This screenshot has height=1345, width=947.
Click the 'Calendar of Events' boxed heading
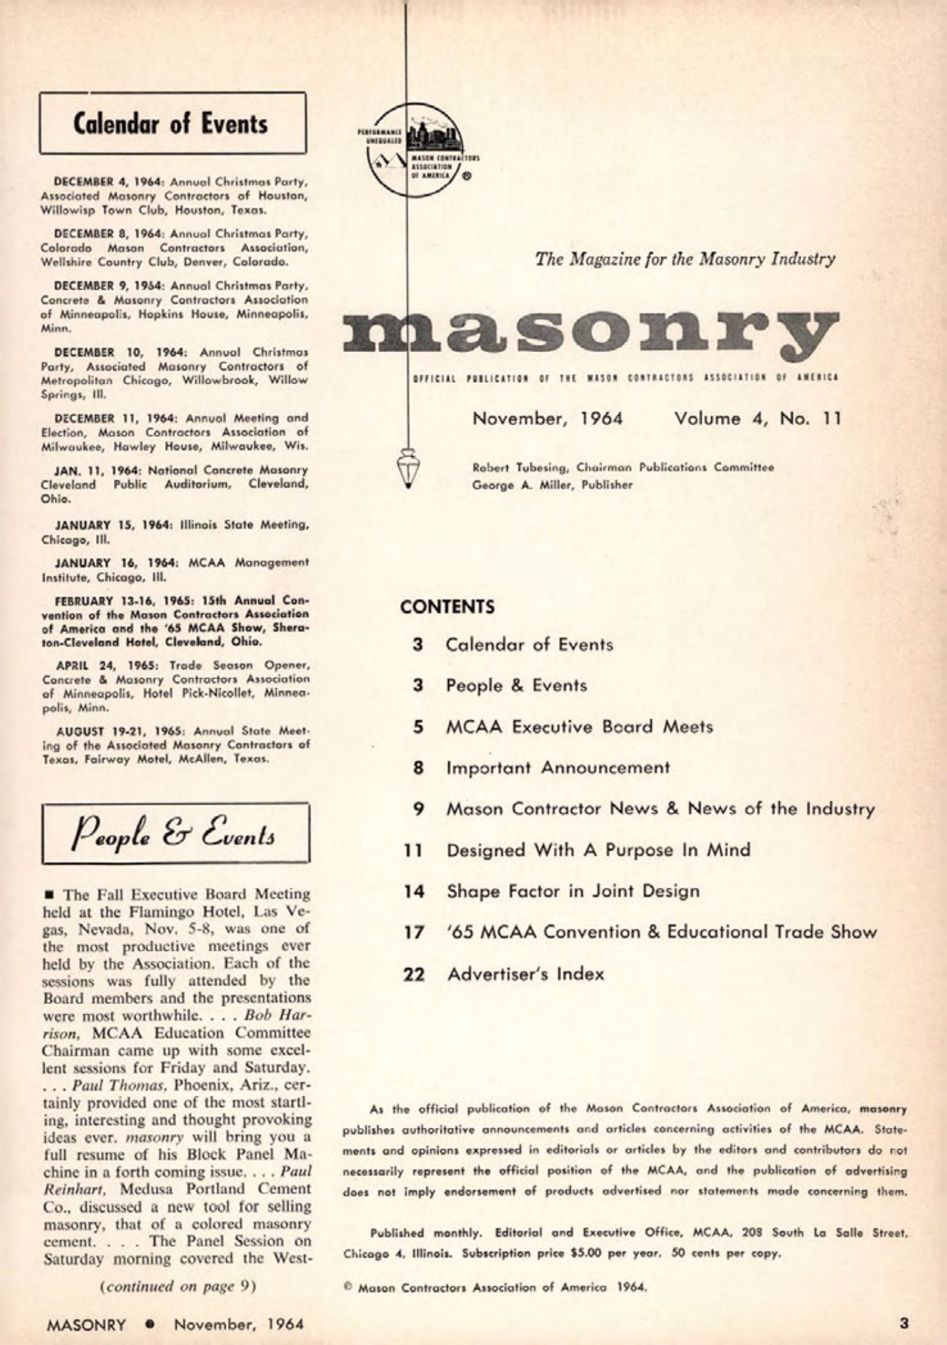[x=172, y=124]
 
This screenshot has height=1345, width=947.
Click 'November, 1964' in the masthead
[x=548, y=418]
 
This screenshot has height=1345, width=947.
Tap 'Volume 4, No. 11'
[x=757, y=418]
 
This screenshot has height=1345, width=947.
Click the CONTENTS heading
[x=447, y=607]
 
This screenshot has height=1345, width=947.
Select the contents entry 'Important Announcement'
[x=558, y=768]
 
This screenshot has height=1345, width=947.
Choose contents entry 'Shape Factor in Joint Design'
[x=573, y=891]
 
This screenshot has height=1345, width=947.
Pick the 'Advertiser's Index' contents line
[x=526, y=974]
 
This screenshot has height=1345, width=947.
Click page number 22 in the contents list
[x=413, y=974]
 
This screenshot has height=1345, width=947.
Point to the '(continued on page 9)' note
[x=178, y=1285]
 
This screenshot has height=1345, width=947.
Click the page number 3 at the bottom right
[x=904, y=1323]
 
